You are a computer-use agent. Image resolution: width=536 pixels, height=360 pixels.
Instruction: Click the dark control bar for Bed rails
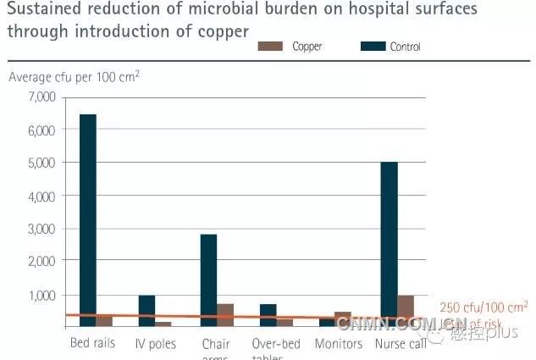click(x=88, y=220)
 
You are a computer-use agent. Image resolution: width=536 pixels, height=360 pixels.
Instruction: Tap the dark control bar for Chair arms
click(x=208, y=280)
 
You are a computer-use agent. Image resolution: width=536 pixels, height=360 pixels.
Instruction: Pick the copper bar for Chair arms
click(x=225, y=315)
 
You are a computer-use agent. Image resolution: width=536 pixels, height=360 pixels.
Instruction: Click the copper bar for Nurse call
click(x=406, y=311)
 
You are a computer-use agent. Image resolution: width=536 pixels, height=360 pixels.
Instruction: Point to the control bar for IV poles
click(x=147, y=311)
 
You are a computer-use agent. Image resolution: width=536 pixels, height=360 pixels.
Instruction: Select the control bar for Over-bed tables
click(x=268, y=315)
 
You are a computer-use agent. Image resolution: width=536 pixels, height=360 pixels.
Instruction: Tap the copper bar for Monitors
click(x=343, y=319)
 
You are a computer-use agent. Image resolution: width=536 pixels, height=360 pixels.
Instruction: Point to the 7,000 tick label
click(x=41, y=97)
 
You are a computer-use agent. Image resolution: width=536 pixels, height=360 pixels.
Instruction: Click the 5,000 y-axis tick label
click(x=41, y=163)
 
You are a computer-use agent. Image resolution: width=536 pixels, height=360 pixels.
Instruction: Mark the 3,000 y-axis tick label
click(x=41, y=229)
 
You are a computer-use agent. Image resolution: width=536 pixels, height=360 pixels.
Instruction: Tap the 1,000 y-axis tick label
click(x=41, y=295)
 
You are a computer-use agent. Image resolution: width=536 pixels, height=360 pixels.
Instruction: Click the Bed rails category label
click(x=91, y=344)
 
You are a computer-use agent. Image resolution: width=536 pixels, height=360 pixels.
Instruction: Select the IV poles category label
click(x=154, y=344)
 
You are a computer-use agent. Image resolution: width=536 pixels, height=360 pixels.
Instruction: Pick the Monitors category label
click(x=339, y=344)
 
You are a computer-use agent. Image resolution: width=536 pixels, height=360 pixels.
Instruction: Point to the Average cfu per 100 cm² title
click(x=75, y=77)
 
